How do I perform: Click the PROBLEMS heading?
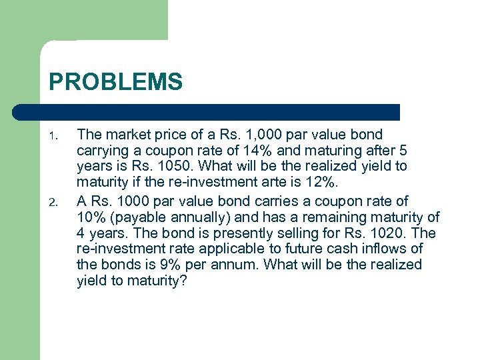tap(115, 82)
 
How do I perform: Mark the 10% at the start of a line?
tap(91, 217)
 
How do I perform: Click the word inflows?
tap(383, 249)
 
